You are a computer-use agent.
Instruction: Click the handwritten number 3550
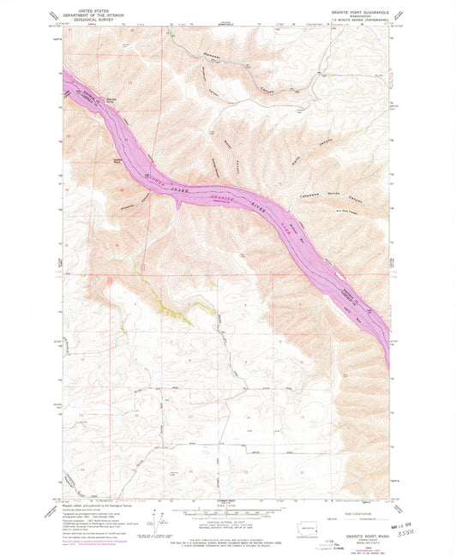pyautogui.click(x=418, y=530)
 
